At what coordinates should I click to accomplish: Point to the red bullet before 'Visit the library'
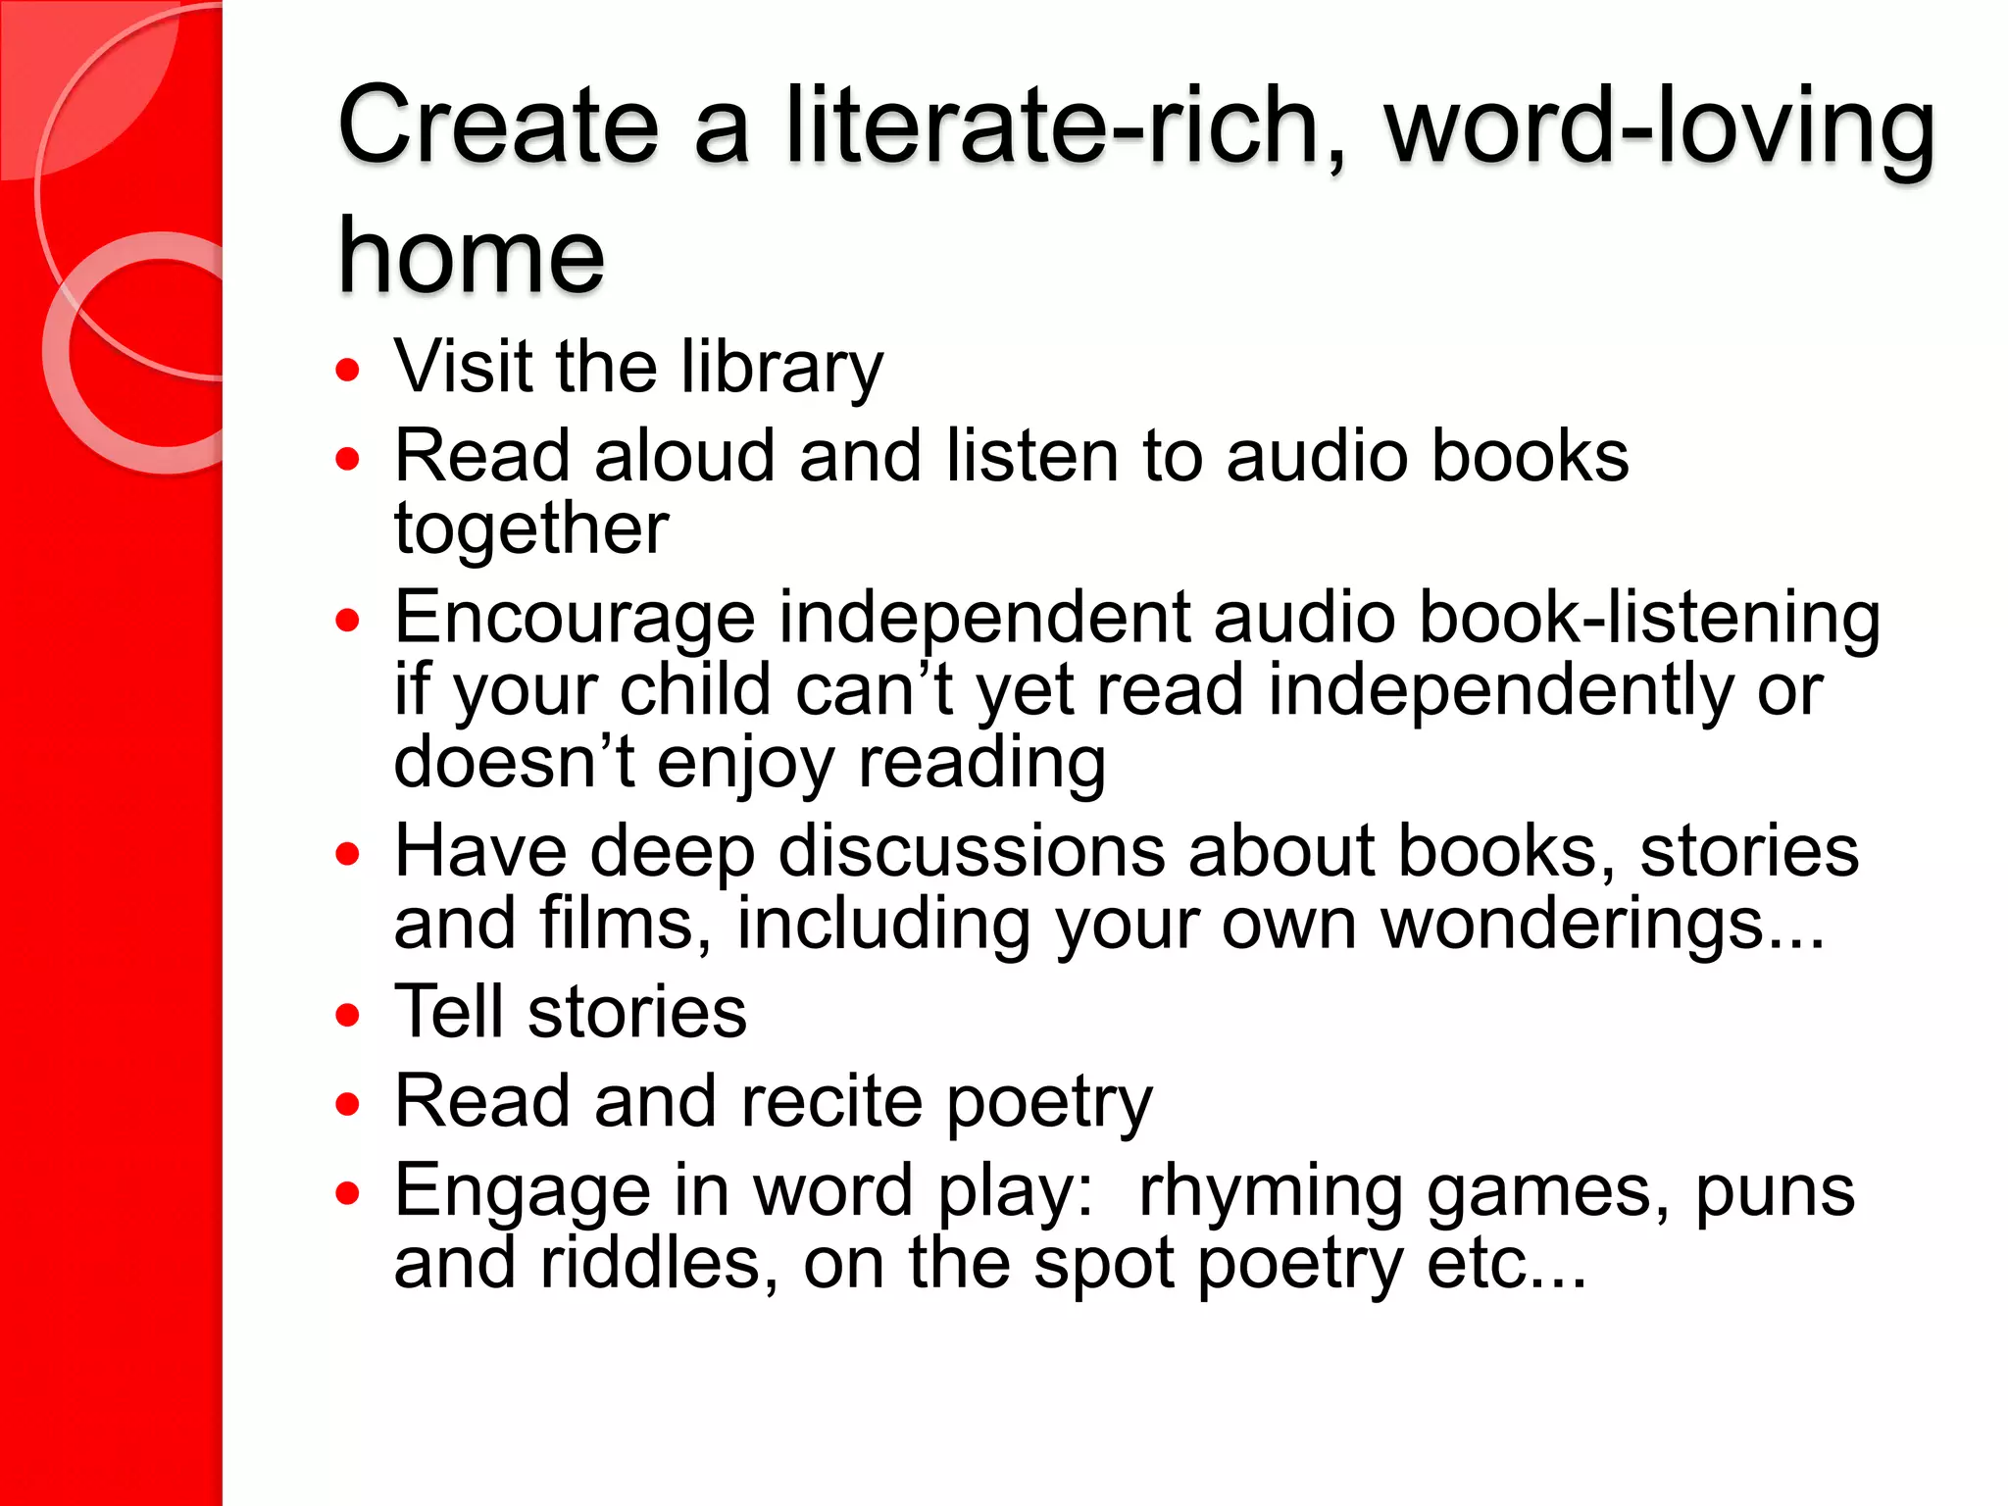tap(347, 371)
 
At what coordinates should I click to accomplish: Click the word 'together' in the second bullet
tap(530, 529)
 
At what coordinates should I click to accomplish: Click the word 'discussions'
tap(972, 851)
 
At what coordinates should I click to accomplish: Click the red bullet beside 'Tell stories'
tap(347, 1015)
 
